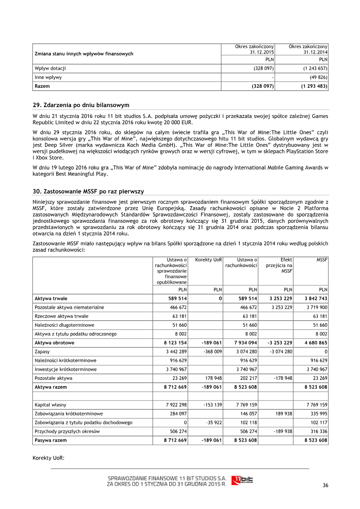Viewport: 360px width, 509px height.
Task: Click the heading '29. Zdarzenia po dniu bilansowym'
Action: pyautogui.click(x=81, y=105)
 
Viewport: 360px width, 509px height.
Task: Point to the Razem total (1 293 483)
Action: pyautogui.click(x=314, y=86)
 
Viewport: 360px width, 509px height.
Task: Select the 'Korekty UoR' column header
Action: pyautogui.click(x=209, y=260)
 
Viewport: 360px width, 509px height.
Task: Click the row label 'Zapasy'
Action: pyautogui.click(x=42, y=351)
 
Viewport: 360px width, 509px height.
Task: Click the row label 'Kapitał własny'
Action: pyautogui.click(x=50, y=405)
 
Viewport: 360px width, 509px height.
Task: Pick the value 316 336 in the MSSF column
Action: pyautogui.click(x=317, y=431)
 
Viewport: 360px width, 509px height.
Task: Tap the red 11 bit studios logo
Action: pyautogui.click(x=242, y=480)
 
